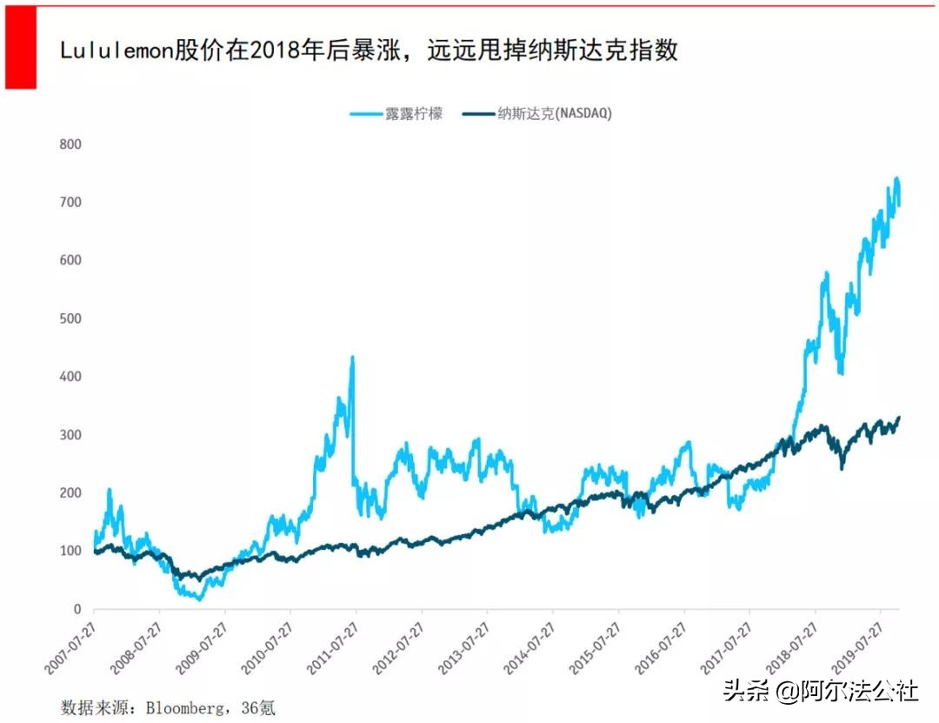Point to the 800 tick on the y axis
tap(70, 144)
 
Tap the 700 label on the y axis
tap(70, 202)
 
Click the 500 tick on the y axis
tap(70, 318)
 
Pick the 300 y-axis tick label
tap(70, 435)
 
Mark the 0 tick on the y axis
tap(77, 609)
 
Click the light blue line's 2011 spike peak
tap(352, 357)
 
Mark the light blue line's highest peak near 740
tap(896, 178)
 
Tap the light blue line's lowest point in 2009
tap(200, 599)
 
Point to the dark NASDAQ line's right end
tap(898, 418)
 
